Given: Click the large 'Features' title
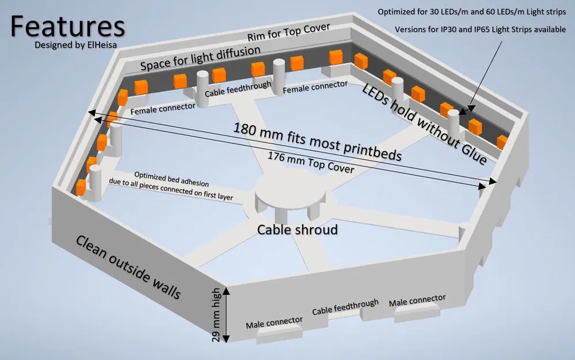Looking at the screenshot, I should tap(67, 26).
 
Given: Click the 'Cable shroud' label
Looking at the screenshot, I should tap(297, 229).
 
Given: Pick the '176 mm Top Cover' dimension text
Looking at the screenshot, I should tap(311, 164).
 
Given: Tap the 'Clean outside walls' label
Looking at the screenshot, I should tap(128, 268).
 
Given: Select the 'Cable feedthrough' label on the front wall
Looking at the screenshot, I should tap(345, 307).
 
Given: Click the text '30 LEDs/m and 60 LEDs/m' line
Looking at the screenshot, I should tap(471, 12).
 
